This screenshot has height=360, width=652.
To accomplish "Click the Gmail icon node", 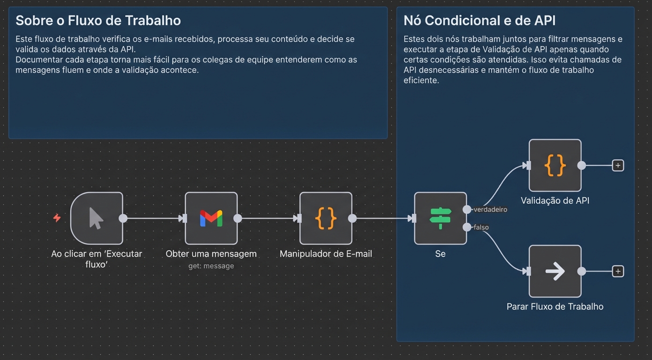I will [x=211, y=218].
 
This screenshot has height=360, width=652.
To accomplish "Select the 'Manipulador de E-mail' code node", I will [x=326, y=218].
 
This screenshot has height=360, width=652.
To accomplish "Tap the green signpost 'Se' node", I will [x=440, y=218].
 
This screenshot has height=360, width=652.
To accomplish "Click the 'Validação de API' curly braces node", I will [x=555, y=165].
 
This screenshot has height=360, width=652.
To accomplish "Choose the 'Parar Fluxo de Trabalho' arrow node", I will [x=555, y=271].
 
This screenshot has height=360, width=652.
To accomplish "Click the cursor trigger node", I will [x=96, y=218].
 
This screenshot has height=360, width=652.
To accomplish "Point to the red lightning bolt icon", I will [x=57, y=218].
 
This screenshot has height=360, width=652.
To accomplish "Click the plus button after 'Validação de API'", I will [x=618, y=165].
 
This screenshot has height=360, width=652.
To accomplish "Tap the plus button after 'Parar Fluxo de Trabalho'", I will [x=618, y=271].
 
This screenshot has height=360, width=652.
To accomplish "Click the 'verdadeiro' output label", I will [x=490, y=210].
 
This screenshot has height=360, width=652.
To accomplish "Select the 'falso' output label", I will [x=481, y=227].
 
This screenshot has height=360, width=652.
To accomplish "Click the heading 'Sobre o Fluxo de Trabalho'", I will [x=98, y=21].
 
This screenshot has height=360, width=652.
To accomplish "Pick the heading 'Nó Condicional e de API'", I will [x=480, y=21].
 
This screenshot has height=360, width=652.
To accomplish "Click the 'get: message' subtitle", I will [x=211, y=266].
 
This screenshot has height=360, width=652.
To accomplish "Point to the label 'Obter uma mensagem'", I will [x=211, y=254].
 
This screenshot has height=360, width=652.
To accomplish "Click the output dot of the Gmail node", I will [x=238, y=218].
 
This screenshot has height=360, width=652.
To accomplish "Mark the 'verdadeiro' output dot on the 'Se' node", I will [x=467, y=210].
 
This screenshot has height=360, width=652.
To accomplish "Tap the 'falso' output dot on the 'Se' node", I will [x=467, y=227].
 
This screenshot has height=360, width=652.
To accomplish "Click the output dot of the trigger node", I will [x=123, y=218].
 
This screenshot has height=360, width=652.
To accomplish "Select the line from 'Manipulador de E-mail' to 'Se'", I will [x=382, y=218].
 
